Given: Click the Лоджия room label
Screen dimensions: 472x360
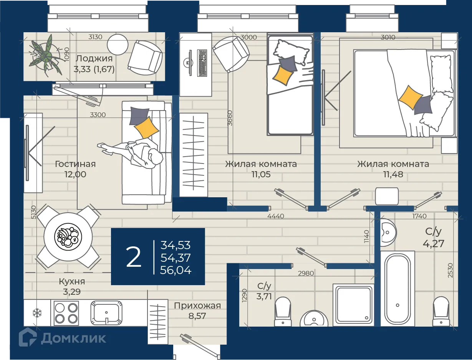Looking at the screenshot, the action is pos(94,59).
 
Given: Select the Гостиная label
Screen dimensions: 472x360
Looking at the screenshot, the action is pos(75,164).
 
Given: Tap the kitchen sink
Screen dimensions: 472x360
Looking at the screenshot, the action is pos(106,313).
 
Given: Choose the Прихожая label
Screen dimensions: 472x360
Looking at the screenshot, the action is pos(197,306).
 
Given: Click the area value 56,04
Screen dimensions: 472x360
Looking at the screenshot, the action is pos(176,270).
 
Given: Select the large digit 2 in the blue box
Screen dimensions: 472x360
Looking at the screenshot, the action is pos(134,257).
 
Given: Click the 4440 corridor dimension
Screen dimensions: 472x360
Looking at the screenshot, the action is pos(276,216).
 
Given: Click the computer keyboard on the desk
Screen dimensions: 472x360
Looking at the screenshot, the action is pos(202,63).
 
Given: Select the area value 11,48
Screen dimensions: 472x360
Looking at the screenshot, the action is pos(393,174).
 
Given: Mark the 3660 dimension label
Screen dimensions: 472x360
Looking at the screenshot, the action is pos(230,118).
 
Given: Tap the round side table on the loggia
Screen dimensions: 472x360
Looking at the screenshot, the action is pos(118,45).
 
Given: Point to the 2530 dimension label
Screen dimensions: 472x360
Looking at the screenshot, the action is pos(450,270).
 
